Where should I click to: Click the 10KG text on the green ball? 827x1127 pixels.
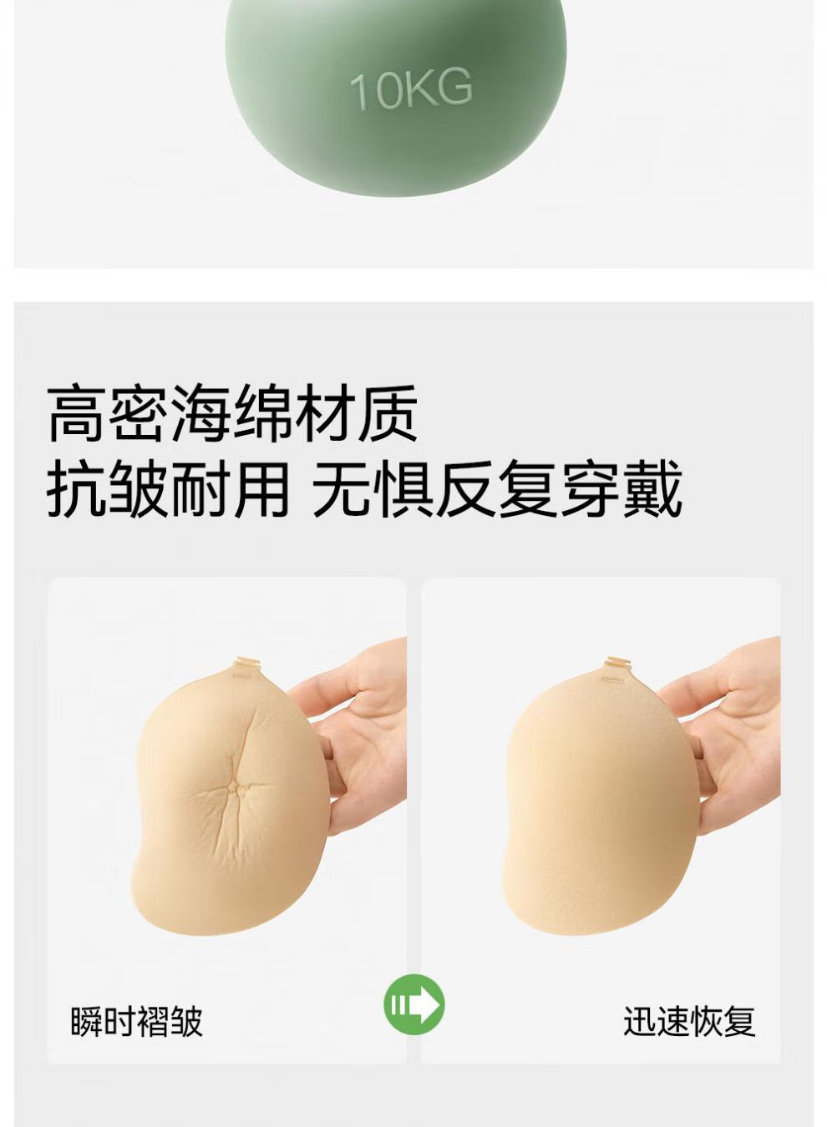point(411,89)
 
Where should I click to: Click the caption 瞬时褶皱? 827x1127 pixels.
point(136,1008)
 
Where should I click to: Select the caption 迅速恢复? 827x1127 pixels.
point(690,1008)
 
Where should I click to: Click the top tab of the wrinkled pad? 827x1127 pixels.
point(246,663)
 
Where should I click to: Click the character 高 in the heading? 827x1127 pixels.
point(77,413)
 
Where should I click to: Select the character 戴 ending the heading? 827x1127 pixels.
point(652,488)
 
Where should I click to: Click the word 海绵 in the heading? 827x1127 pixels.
point(231,413)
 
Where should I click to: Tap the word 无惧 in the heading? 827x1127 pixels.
point(373,488)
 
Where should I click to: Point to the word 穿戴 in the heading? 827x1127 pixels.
point(622,488)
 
